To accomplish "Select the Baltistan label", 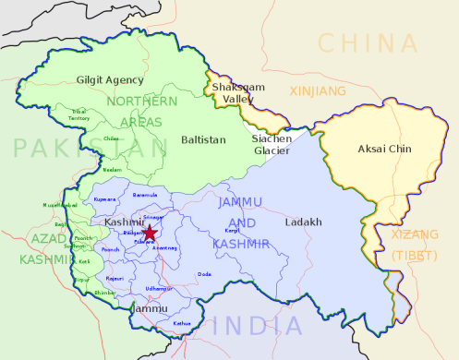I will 202,139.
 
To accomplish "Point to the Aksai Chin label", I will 384,149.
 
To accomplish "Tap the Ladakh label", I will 303,222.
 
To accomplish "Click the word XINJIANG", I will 318,91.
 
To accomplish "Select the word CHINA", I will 367,42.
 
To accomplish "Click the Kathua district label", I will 182,323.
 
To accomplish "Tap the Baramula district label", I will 146,195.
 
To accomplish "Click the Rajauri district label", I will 114,278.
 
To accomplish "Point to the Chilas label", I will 111,138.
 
